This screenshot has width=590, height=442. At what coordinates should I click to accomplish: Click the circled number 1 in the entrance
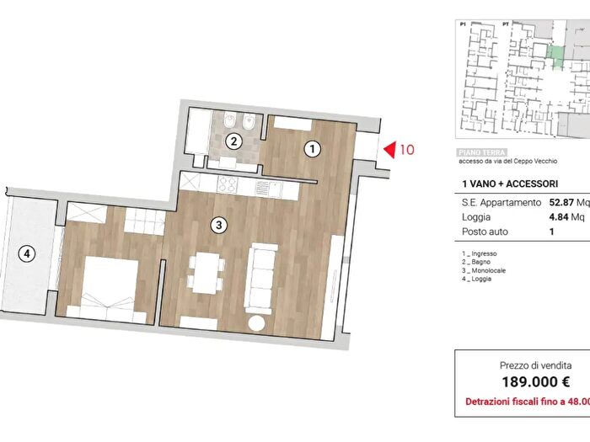point(313,149)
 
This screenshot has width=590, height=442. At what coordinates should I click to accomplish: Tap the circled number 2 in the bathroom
point(234,141)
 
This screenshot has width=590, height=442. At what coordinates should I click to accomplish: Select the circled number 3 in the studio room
point(219,225)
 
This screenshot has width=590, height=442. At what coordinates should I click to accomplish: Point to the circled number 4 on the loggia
point(28,253)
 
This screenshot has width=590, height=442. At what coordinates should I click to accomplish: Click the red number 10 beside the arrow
point(406,150)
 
